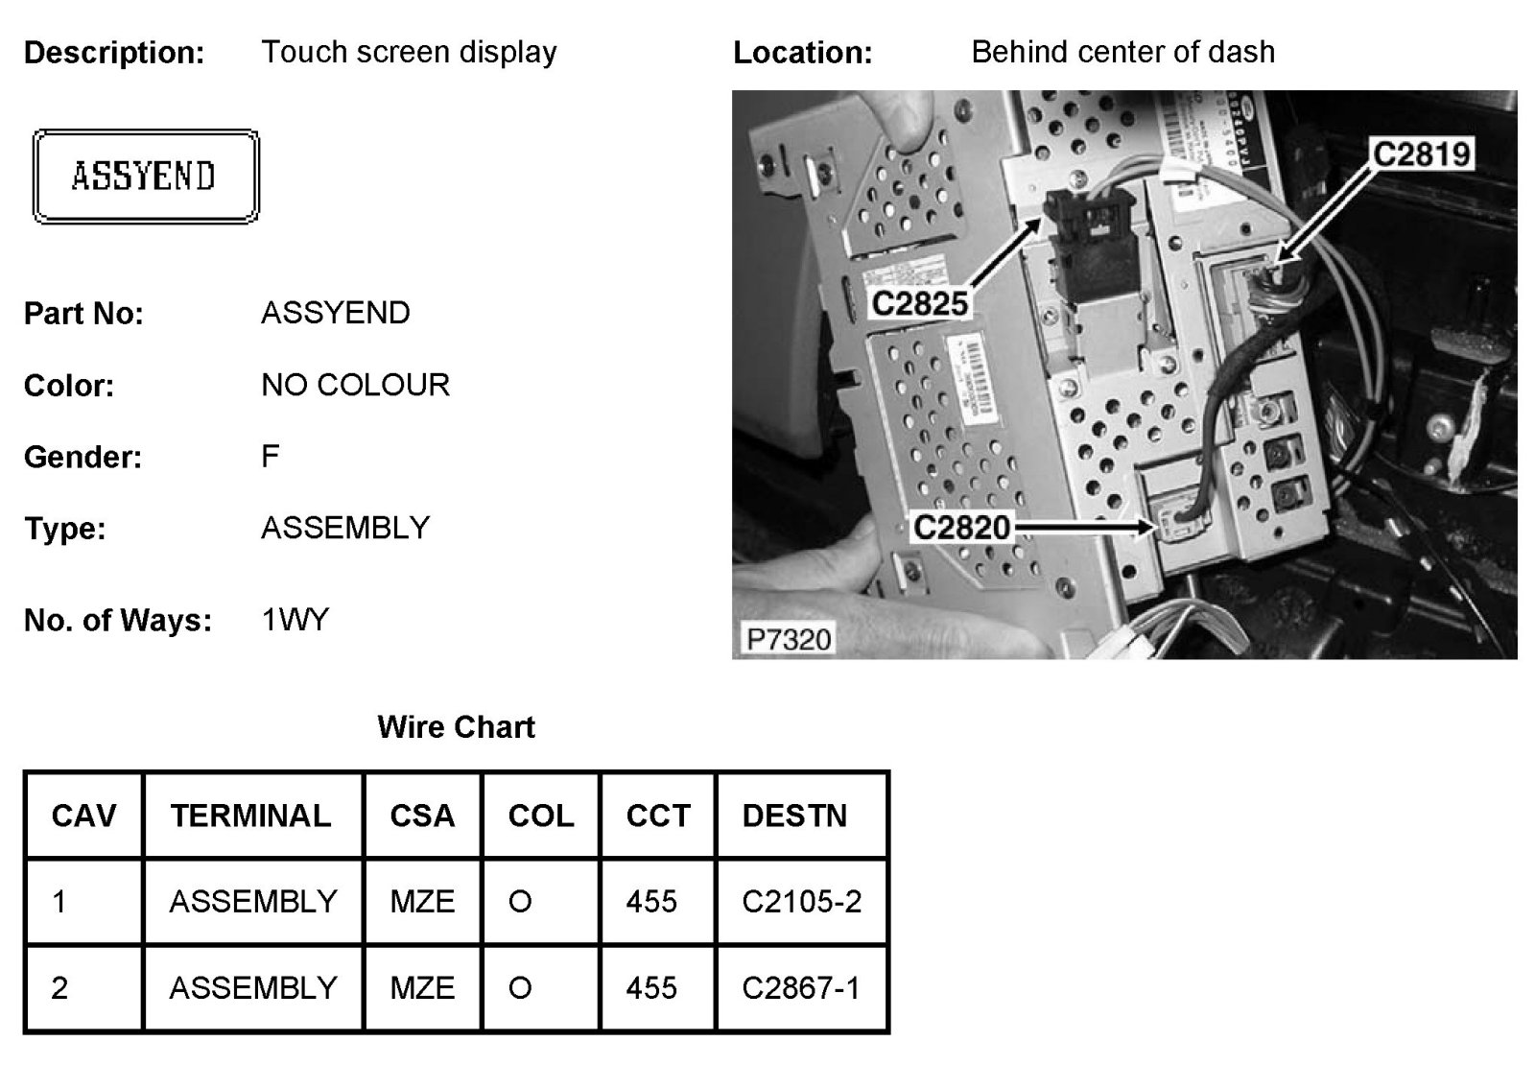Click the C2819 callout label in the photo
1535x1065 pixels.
coord(1422,154)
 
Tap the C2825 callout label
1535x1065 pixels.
coord(919,303)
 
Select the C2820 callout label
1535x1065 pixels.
coord(961,527)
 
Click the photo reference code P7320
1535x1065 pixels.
coord(789,638)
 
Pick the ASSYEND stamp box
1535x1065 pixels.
coord(145,177)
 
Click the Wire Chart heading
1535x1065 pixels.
coord(456,726)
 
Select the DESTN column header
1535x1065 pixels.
coord(794,816)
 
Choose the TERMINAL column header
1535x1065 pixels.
coord(250,816)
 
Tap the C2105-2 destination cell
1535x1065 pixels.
coord(801,901)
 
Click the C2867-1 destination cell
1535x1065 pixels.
coord(801,987)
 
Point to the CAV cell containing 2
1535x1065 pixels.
coord(59,987)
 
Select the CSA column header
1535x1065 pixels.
coord(422,816)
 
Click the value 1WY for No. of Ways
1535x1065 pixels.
coord(295,620)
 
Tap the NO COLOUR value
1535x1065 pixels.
coord(355,385)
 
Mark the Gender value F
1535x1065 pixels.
coord(270,456)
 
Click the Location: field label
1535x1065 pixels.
coord(802,53)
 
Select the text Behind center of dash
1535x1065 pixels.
coord(1122,52)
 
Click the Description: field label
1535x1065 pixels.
coord(114,53)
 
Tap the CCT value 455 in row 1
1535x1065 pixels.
coord(651,901)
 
